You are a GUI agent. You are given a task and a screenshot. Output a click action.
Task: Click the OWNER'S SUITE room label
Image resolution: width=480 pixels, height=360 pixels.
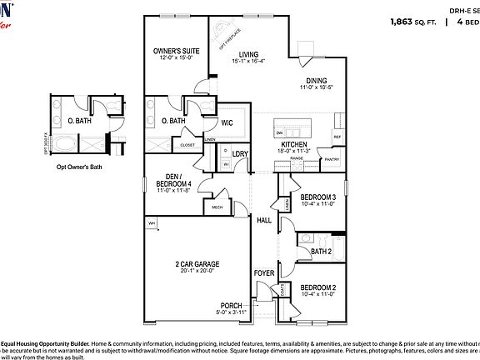173,51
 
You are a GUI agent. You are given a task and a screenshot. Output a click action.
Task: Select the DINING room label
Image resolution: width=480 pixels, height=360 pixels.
314,80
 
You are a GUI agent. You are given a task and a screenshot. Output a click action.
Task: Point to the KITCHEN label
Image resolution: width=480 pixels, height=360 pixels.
293,144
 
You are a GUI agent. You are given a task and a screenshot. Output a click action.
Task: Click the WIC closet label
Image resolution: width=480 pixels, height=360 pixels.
227,122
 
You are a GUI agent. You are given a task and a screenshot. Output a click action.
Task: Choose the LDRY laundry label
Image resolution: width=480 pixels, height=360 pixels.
240,154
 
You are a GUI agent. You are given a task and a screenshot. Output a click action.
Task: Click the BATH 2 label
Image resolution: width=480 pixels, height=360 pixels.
321,251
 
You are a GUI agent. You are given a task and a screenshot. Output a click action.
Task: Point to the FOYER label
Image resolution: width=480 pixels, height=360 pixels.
263,272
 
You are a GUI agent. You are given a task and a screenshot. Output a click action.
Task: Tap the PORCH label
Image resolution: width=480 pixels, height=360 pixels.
231,305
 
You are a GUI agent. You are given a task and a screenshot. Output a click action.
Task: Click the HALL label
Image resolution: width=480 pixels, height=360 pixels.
263,220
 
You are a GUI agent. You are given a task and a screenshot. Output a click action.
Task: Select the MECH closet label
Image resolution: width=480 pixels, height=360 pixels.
217,207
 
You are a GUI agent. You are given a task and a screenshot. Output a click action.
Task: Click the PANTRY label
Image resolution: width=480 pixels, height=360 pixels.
331,158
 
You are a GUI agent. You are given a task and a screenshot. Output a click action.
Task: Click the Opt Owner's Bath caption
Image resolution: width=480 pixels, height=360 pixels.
79,167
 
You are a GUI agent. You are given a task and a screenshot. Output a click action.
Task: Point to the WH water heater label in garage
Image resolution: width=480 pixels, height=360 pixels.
152,223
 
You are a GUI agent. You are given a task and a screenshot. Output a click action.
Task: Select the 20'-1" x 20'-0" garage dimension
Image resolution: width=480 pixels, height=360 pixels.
197,270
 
